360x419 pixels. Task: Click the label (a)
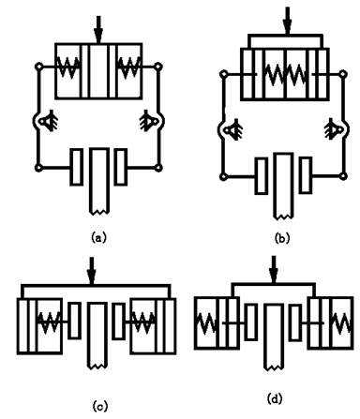pyautogui.click(x=98, y=237)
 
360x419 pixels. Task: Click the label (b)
pyautogui.click(x=282, y=238)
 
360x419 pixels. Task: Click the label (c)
pyautogui.click(x=100, y=406)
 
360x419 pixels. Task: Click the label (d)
pyautogui.click(x=275, y=398)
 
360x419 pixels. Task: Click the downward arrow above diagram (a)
pyautogui.click(x=98, y=30)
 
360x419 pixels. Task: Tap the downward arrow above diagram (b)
pyautogui.click(x=287, y=21)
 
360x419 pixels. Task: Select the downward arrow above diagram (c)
pyautogui.click(x=92, y=271)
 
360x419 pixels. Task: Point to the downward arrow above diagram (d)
pyautogui.click(x=274, y=270)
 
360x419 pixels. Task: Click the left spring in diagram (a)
pyautogui.click(x=68, y=67)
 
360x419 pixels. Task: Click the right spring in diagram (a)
pyautogui.click(x=128, y=67)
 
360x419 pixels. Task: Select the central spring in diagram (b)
pyautogui.click(x=285, y=74)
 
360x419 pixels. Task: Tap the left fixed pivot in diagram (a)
pyautogui.click(x=48, y=121)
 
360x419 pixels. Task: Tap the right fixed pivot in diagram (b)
pyautogui.click(x=333, y=128)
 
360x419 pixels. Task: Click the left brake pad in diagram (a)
pyautogui.click(x=77, y=167)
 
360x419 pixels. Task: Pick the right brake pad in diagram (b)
pyautogui.click(x=306, y=175)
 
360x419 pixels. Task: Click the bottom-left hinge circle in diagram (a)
pyautogui.click(x=38, y=168)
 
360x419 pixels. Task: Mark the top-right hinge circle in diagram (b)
pyautogui.click(x=343, y=74)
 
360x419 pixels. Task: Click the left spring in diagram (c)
pyautogui.click(x=49, y=322)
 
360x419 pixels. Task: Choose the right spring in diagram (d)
pyautogui.click(x=343, y=322)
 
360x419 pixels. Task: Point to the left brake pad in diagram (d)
pyautogui.click(x=250, y=322)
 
